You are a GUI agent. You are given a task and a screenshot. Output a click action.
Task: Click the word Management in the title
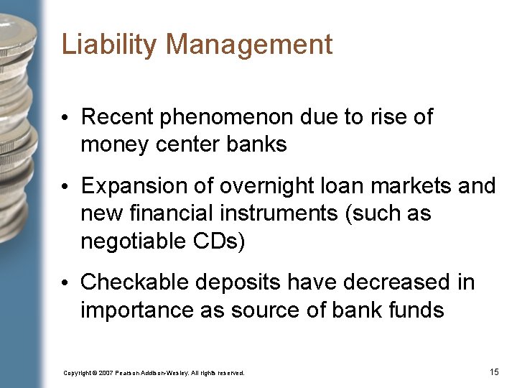[x=250, y=45]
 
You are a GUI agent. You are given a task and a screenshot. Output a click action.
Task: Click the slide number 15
[x=493, y=372]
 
